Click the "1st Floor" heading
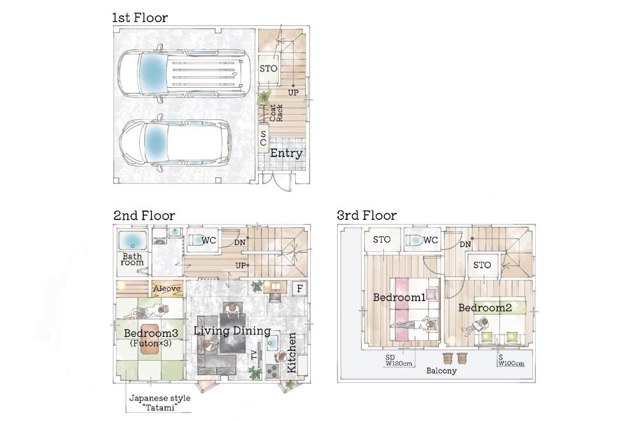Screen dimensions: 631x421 pyautogui.click(x=140, y=18)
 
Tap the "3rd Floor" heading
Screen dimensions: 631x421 pyautogui.click(x=366, y=216)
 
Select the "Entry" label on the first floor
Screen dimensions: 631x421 pyautogui.click(x=286, y=154)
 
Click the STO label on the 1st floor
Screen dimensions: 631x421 pyautogui.click(x=268, y=69)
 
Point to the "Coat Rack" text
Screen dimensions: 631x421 pyautogui.click(x=276, y=113)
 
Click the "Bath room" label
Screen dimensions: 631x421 pyautogui.click(x=133, y=259)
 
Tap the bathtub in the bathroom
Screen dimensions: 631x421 pyautogui.click(x=133, y=241)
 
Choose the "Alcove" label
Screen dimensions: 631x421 pyautogui.click(x=167, y=288)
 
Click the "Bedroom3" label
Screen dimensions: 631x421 pyautogui.click(x=151, y=333)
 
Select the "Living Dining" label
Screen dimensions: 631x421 pyautogui.click(x=232, y=331)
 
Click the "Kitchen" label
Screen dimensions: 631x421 pyautogui.click(x=292, y=353)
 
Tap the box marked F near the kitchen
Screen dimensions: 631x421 pyautogui.click(x=300, y=288)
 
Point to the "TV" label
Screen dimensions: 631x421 pyautogui.click(x=254, y=354)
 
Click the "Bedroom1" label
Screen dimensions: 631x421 pyautogui.click(x=400, y=298)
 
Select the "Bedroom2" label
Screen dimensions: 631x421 pyautogui.click(x=485, y=308)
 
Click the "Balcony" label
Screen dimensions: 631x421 pyautogui.click(x=442, y=371)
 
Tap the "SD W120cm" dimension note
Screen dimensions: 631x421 pyautogui.click(x=399, y=361)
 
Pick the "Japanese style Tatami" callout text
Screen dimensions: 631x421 pyautogui.click(x=160, y=403)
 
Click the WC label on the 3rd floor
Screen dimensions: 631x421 pyautogui.click(x=430, y=240)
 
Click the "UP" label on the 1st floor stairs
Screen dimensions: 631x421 pyautogui.click(x=293, y=92)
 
